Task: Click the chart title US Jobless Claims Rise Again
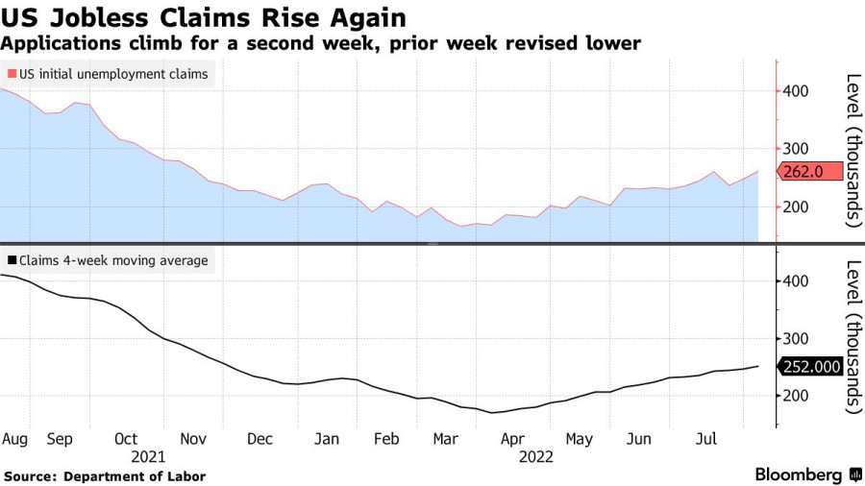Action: click(x=203, y=17)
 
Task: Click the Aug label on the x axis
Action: click(x=14, y=439)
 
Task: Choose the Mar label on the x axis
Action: click(x=445, y=439)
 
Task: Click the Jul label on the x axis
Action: click(x=706, y=439)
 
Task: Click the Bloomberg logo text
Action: click(x=800, y=474)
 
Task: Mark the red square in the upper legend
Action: click(x=12, y=74)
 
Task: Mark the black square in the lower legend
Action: click(x=12, y=260)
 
